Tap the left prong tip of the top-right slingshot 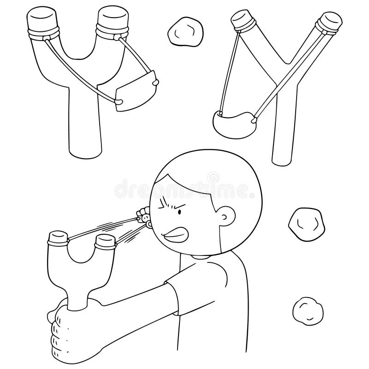tap(243, 21)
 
